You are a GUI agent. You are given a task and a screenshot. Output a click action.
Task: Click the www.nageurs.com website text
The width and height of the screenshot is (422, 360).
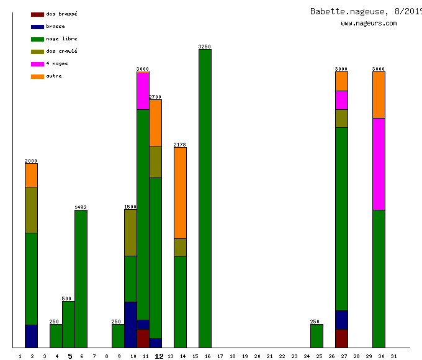pos(369,24)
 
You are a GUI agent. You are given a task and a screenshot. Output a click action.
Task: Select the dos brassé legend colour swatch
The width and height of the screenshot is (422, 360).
pos(37,14)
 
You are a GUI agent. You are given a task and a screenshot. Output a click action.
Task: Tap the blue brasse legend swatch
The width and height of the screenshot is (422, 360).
pos(37,26)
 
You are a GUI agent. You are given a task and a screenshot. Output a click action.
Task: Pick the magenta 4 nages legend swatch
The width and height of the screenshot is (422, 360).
pos(37,63)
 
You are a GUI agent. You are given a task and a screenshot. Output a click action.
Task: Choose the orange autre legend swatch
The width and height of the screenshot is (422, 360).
pos(37,76)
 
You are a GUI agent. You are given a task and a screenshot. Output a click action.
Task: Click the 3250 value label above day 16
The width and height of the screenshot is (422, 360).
pos(205,47)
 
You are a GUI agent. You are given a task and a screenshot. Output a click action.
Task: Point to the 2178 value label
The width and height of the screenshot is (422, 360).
pos(180,145)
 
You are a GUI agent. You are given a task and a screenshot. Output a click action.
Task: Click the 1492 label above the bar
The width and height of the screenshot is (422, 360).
pos(81,207)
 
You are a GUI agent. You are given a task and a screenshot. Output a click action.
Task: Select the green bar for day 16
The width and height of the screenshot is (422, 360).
pos(205,199)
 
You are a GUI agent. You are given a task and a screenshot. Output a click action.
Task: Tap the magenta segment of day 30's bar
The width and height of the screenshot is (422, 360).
pos(379,164)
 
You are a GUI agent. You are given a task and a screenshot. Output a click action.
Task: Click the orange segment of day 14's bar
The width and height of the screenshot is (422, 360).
pos(180,192)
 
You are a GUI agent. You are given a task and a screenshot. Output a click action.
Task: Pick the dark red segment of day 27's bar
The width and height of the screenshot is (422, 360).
pos(341,338)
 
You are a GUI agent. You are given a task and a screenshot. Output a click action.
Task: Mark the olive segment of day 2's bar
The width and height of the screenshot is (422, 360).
pos(31,210)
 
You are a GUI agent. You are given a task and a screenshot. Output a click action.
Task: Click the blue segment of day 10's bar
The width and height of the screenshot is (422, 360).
pos(130,325)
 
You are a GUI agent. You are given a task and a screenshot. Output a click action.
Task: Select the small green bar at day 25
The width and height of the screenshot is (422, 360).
pos(316,336)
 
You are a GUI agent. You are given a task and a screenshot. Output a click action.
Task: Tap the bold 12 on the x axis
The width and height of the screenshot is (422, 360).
pos(159,356)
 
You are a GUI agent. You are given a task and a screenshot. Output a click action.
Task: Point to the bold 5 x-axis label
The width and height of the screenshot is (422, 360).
pos(70,356)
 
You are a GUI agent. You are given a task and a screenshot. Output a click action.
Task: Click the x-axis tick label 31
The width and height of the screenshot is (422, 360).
pos(393,356)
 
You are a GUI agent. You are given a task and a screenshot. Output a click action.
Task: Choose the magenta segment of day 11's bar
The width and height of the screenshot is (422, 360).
pos(143,91)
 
